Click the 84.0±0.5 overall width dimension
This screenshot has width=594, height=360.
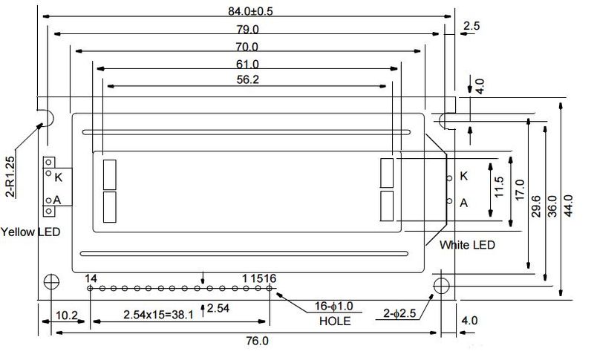(250, 11)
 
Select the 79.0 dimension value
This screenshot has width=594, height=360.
(248, 29)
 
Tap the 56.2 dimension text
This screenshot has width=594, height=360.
(248, 79)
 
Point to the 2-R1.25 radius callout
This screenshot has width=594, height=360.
(10, 177)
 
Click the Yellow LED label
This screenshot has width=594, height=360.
(30, 232)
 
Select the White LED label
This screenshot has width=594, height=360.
(467, 245)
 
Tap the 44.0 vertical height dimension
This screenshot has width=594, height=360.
(569, 206)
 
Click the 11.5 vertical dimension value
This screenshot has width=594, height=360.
(499, 186)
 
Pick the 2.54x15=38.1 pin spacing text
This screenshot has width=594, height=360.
(158, 315)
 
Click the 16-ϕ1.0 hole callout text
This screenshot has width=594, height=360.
(333, 306)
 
